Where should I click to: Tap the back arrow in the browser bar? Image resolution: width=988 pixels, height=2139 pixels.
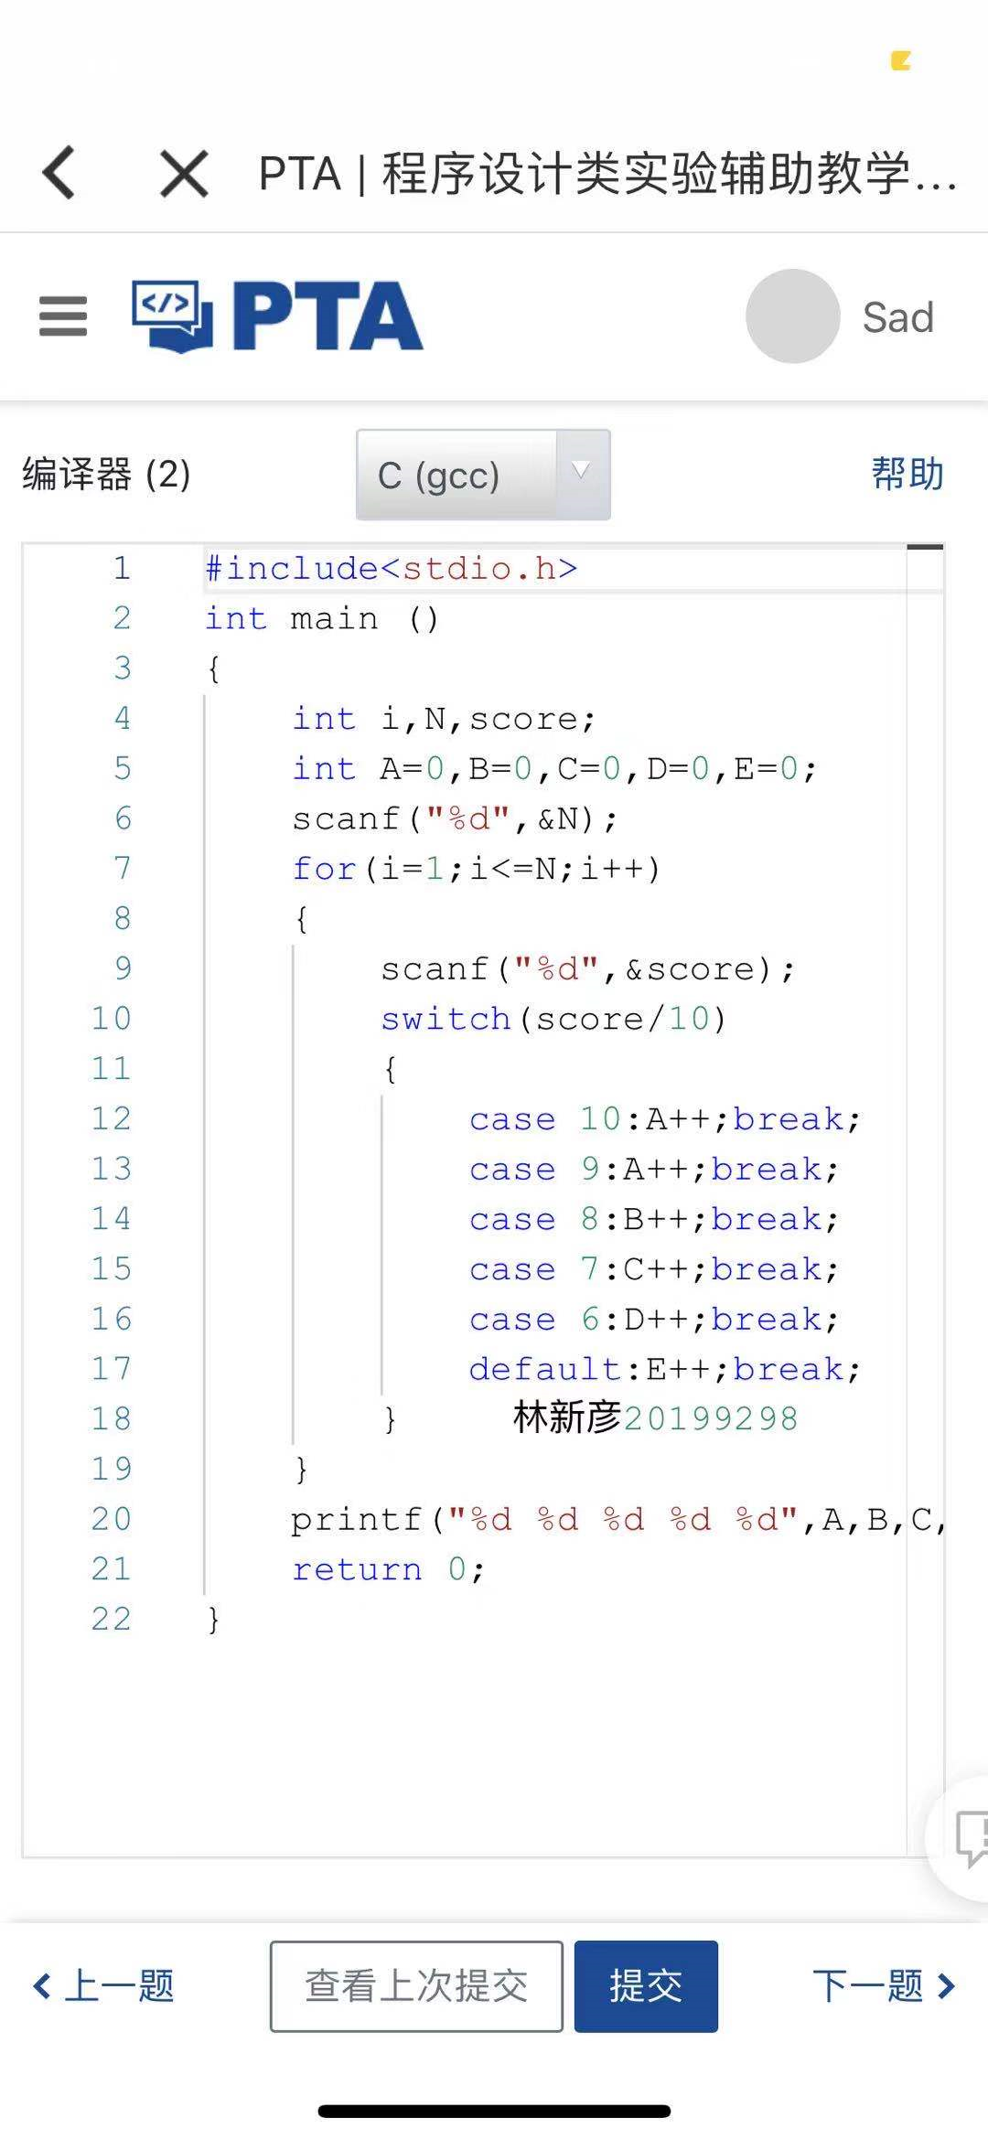pos(59,173)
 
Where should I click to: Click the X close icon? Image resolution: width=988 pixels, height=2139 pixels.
pos(184,173)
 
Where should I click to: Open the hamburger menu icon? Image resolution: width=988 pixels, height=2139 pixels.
pos(63,316)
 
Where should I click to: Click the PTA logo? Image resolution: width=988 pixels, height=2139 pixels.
pos(278,316)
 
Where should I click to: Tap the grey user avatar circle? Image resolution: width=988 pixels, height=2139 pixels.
pos(792,316)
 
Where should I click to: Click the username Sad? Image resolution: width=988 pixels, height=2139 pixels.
pos(897,318)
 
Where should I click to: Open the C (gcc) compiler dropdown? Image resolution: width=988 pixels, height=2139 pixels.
pos(483,475)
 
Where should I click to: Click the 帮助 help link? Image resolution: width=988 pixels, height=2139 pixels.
pos(907,474)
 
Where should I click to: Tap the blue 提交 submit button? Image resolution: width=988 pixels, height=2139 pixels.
pos(646,1986)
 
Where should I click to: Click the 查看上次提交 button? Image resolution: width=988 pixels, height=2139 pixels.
pos(416,1986)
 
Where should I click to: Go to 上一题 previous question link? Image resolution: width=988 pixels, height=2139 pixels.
pos(103,1986)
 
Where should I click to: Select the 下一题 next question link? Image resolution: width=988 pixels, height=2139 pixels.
pos(884,1986)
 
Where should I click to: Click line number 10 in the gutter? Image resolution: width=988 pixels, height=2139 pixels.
pos(111,1018)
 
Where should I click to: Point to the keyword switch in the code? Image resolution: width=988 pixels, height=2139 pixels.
pos(446,1019)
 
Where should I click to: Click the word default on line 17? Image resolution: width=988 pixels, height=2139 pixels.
pos(545,1369)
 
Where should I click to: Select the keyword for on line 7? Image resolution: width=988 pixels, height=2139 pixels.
pos(324,869)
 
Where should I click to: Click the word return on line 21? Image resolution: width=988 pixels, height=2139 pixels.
pos(357,1569)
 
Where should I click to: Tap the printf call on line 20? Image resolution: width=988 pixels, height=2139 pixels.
pos(356,1520)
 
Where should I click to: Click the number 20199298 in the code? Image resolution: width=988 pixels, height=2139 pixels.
pos(711,1419)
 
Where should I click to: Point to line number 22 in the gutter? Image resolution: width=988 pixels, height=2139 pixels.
pos(111,1619)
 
